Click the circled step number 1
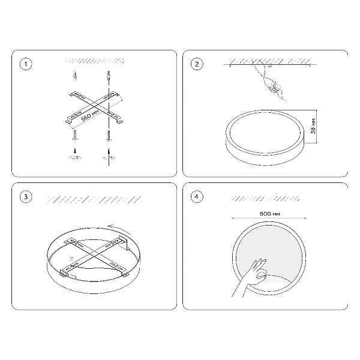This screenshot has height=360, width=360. pos(26,64)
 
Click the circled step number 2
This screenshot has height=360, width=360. pos(197,64)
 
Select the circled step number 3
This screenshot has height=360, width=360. pos(26,197)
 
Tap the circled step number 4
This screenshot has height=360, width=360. pos(197,197)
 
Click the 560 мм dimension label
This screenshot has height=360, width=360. pos(90,115)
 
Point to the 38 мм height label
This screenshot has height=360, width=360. pos(313,126)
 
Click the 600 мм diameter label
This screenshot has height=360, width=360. pos(270,214)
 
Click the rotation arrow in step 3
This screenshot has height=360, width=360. pos(119,229)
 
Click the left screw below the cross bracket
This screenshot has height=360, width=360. pos(75,135)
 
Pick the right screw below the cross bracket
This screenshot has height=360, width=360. pos(109,136)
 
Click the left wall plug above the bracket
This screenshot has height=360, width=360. pos(75,75)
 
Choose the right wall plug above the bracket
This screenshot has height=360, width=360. pos(109,76)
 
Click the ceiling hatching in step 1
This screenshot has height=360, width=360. pos(95,61)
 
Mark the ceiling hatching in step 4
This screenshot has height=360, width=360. pos(265,199)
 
